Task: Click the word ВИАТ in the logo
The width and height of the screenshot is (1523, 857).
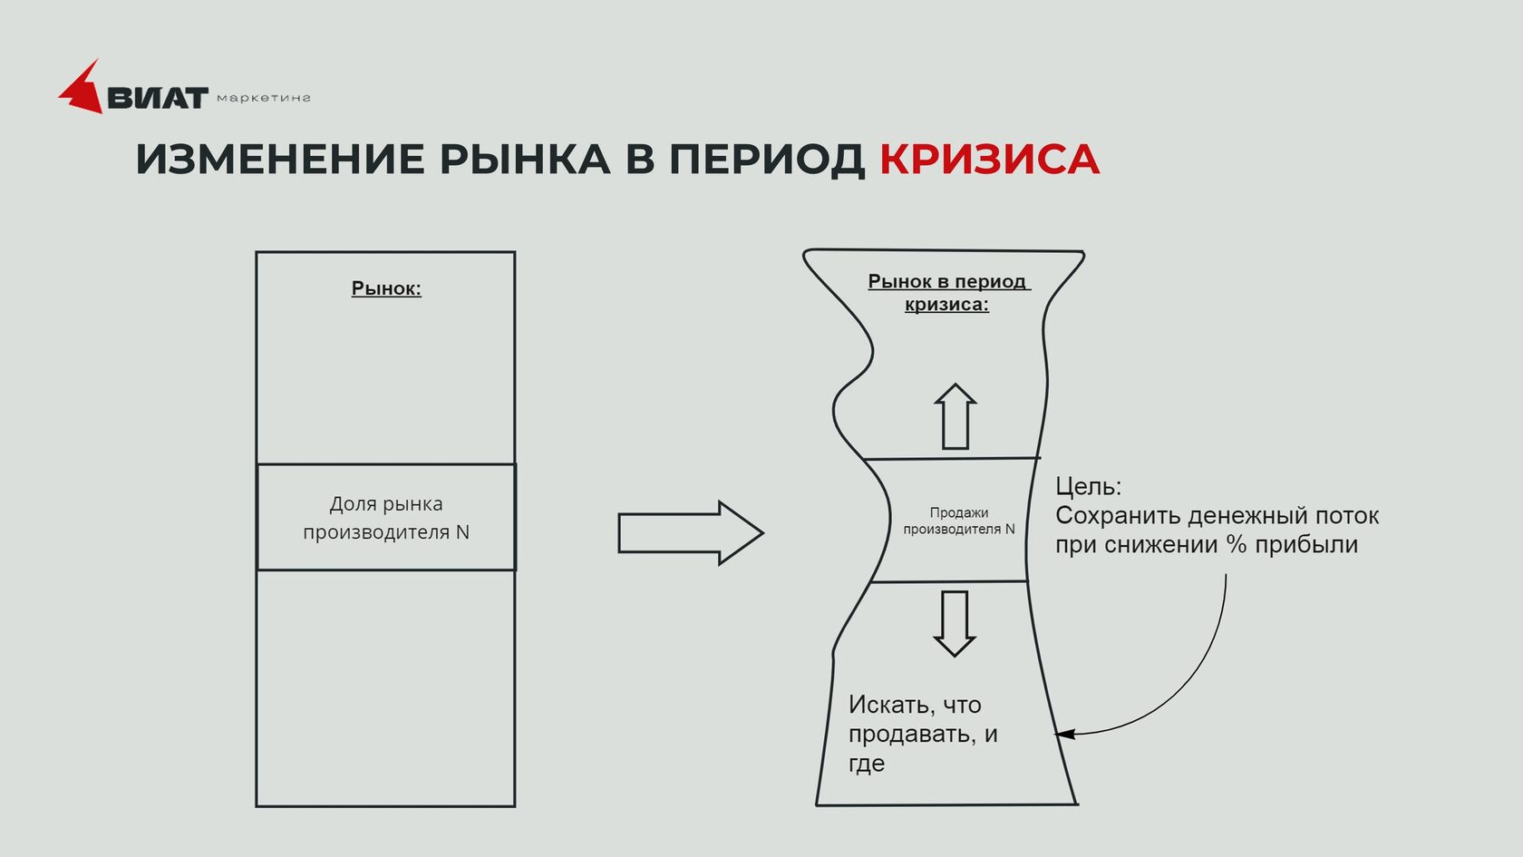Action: pyautogui.click(x=158, y=98)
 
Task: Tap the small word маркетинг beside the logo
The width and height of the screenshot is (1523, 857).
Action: pyautogui.click(x=264, y=98)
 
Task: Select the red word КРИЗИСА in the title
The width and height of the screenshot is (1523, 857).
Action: pyautogui.click(x=989, y=160)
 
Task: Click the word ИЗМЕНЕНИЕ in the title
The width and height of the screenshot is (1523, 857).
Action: pyautogui.click(x=279, y=160)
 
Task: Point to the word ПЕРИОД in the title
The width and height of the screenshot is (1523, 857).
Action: pyautogui.click(x=767, y=160)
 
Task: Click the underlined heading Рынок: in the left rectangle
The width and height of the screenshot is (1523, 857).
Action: pyautogui.click(x=386, y=288)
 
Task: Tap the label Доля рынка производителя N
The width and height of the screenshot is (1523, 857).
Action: pyautogui.click(x=386, y=518)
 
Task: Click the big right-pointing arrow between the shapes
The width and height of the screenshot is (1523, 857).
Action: pyautogui.click(x=691, y=532)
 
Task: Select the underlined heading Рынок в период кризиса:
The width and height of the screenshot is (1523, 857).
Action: pyautogui.click(x=948, y=292)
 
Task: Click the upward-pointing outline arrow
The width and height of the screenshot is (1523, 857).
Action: pyautogui.click(x=956, y=416)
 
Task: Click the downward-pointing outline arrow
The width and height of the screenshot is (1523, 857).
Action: pyautogui.click(x=955, y=624)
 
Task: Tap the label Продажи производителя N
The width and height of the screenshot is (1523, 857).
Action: pyautogui.click(x=959, y=521)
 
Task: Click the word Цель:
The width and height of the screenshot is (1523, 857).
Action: pyautogui.click(x=1088, y=486)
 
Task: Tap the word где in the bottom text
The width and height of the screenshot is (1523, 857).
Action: pyautogui.click(x=867, y=764)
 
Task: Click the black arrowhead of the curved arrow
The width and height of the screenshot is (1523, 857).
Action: pyautogui.click(x=1064, y=735)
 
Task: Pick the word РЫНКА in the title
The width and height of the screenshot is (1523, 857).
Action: pyautogui.click(x=525, y=160)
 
